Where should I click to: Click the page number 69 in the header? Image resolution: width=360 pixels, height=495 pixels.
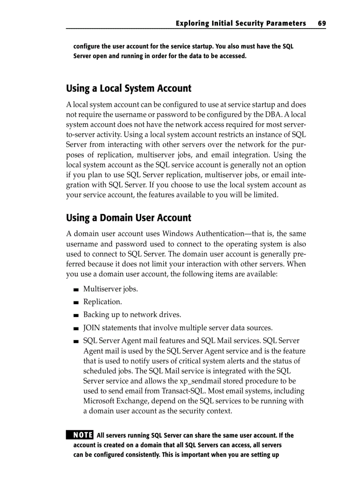321,23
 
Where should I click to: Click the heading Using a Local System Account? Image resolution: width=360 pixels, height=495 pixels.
128,89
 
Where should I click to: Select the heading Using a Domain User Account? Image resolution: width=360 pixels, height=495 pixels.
128,218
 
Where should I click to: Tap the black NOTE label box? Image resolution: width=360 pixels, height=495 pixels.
79,435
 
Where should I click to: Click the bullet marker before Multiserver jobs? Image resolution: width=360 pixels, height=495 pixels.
76,290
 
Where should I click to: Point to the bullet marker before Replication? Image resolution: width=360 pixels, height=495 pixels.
76,303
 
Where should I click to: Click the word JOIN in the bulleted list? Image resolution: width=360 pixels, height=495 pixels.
92,328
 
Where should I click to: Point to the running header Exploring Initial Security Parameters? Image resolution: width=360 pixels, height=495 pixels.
240,23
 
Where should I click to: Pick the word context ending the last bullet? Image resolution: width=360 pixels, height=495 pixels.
218,411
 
